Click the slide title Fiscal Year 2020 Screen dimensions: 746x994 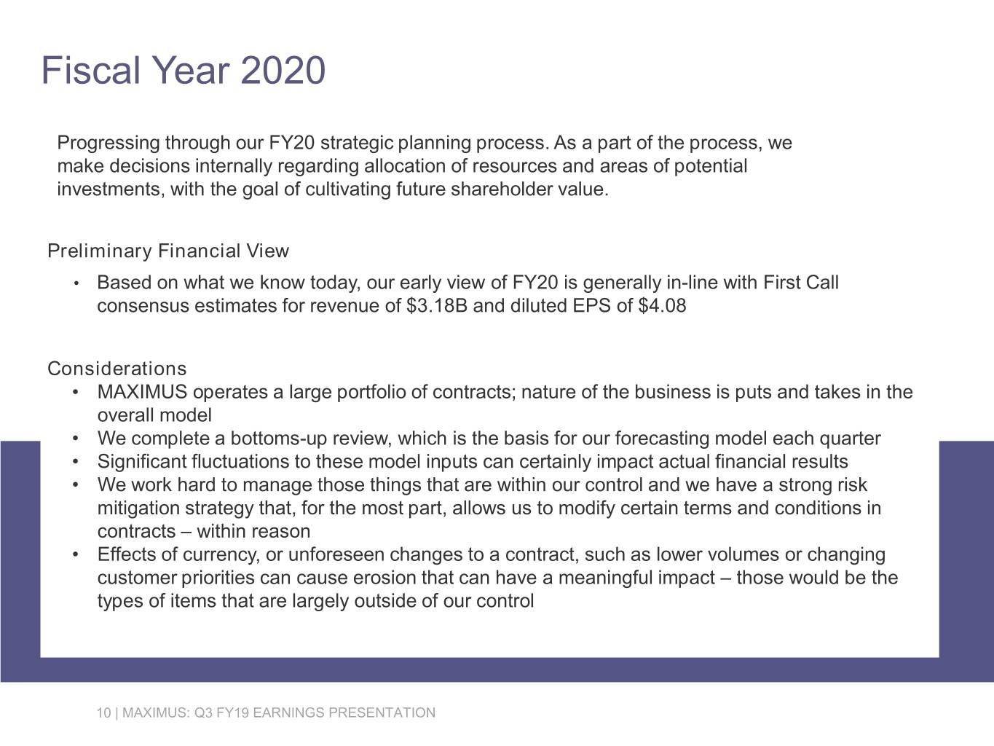click(183, 71)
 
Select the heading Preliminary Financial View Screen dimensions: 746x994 click(168, 251)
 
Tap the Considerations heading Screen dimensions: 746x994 click(117, 369)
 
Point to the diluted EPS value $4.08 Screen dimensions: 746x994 click(661, 305)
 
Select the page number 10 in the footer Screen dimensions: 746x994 click(103, 712)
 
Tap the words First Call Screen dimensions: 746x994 click(801, 282)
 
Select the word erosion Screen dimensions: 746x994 click(384, 578)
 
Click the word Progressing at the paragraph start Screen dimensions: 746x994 click(109, 143)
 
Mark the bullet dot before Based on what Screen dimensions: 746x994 click(76, 283)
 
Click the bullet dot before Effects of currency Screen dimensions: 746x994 click(76, 555)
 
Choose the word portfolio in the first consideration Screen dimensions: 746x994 click(369, 393)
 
